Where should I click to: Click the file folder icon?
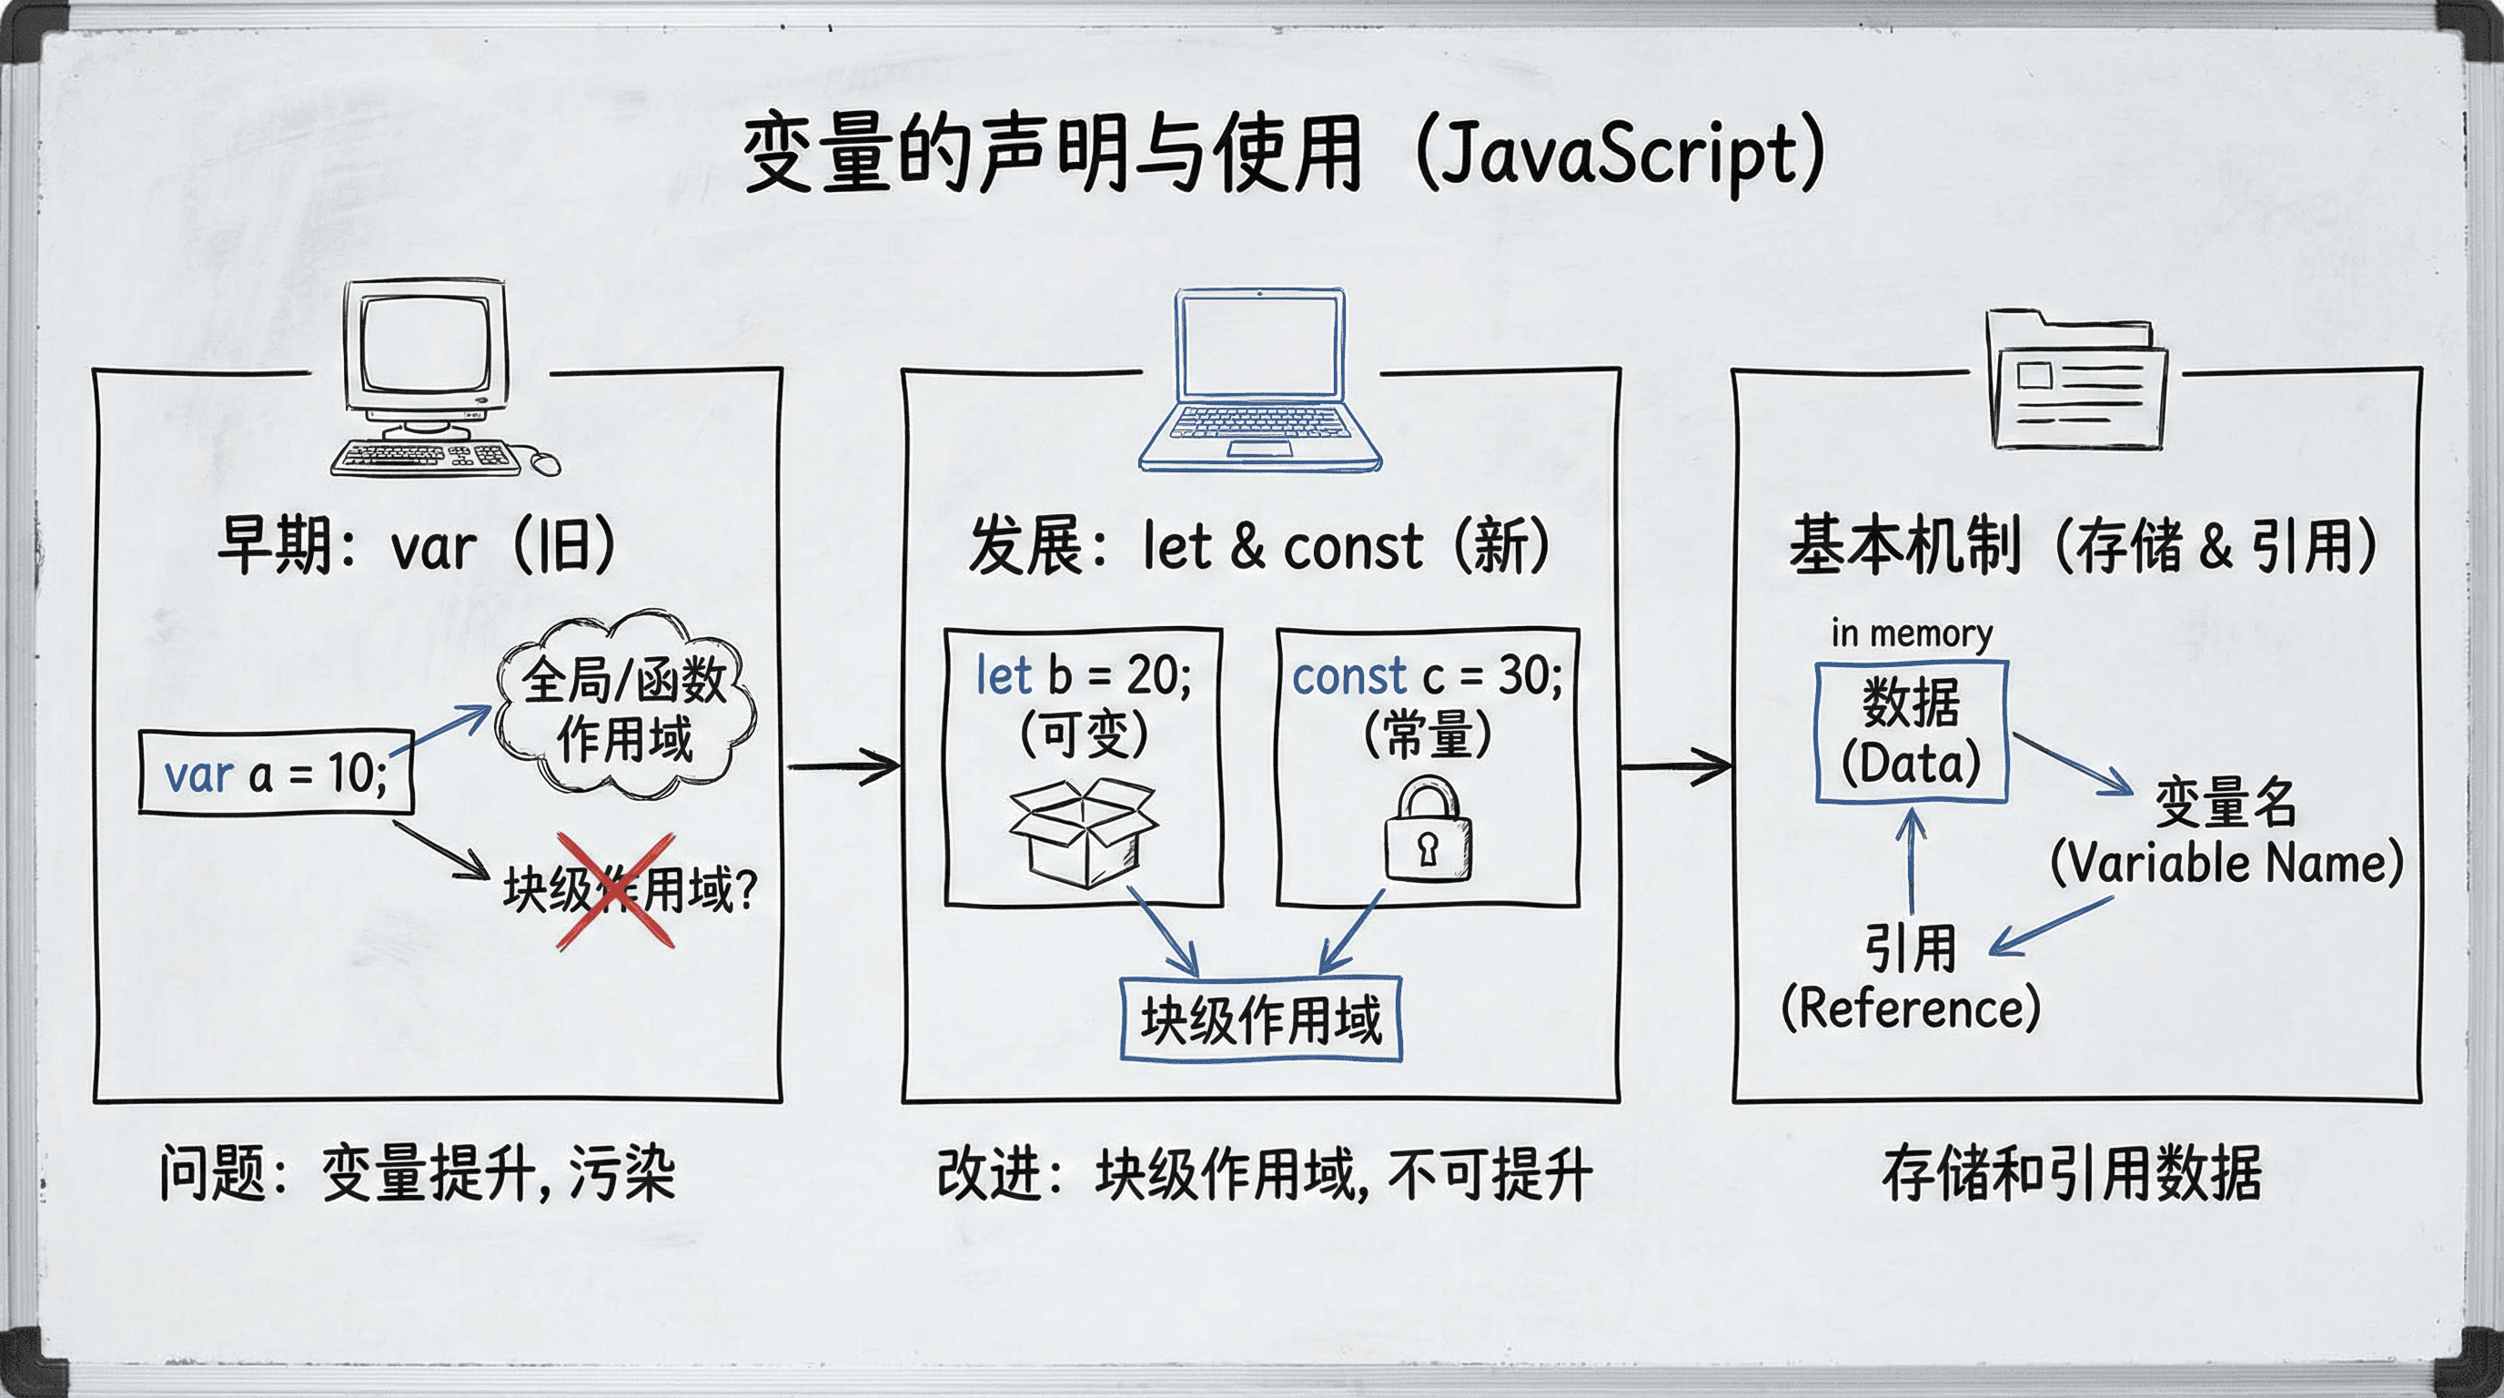[x=2076, y=383]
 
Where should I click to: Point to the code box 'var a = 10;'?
[x=276, y=774]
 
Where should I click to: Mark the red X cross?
[x=616, y=890]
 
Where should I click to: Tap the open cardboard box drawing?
[x=1081, y=834]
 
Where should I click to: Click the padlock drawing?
[x=1427, y=832]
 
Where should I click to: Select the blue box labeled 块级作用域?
[x=1261, y=1019]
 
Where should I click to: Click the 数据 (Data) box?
[x=1911, y=733]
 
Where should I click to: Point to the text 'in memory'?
[x=1911, y=633]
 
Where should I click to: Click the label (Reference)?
[x=1910, y=1008]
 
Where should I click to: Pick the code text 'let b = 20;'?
[x=1083, y=675]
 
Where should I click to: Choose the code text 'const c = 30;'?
[x=1427, y=675]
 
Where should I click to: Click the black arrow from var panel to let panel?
[x=843, y=766]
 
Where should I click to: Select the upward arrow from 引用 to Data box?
[x=1911, y=861]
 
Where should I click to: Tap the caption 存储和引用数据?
[x=2073, y=1174]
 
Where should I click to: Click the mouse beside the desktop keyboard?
[x=547, y=462]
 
